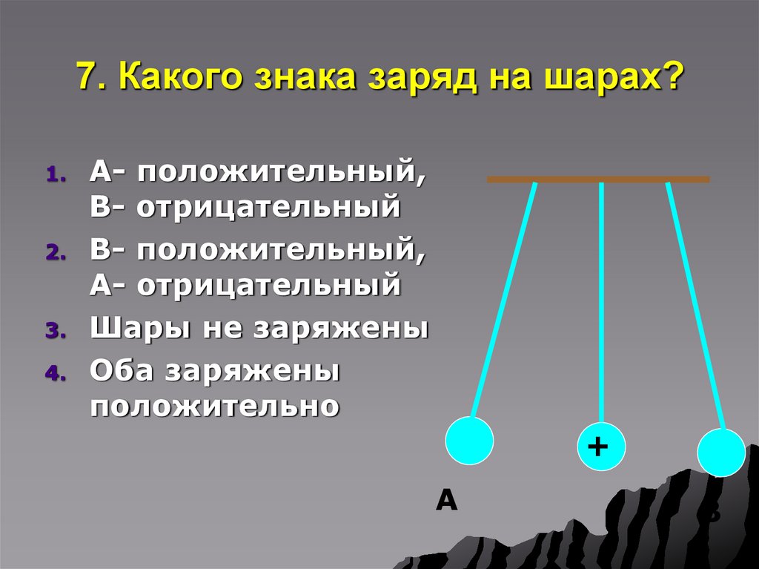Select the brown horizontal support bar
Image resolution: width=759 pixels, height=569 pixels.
(x=598, y=180)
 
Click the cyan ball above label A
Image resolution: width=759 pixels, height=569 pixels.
(x=469, y=440)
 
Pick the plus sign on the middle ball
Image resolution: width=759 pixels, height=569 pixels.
(x=597, y=447)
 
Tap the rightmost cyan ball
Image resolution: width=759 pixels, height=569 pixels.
(x=721, y=453)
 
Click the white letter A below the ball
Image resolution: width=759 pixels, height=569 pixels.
(x=446, y=501)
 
